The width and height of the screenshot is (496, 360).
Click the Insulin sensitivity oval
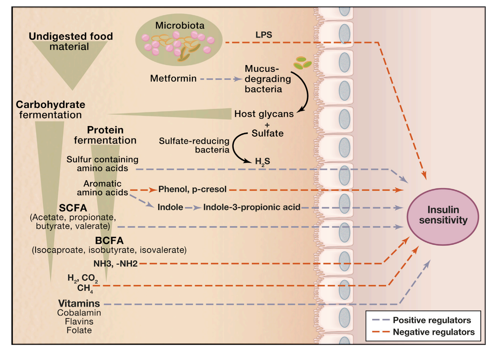(x=443, y=216)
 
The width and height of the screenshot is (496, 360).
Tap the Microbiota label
(x=180, y=25)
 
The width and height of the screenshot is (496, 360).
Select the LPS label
(x=263, y=35)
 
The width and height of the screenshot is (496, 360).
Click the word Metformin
(x=173, y=78)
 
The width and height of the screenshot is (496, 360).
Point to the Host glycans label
(x=264, y=114)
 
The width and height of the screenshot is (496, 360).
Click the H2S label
(x=262, y=161)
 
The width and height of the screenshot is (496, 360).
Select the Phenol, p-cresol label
(x=193, y=189)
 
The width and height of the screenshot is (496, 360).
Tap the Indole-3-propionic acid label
(x=252, y=207)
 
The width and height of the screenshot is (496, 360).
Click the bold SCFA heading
(x=73, y=208)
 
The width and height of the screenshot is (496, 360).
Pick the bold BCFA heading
(x=109, y=240)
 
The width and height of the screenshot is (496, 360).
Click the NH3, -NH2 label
(x=115, y=264)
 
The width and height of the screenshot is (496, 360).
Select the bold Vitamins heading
(x=79, y=303)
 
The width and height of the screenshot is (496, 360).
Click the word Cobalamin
(x=79, y=313)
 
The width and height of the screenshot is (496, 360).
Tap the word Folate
(x=79, y=330)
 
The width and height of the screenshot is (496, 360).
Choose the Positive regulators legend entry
(x=432, y=320)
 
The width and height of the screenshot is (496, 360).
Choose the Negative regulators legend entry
(x=433, y=332)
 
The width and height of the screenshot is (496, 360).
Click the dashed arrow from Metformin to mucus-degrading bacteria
(x=221, y=79)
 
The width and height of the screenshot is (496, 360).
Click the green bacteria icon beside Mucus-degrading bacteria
(x=302, y=63)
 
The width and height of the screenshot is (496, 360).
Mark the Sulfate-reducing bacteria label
(x=194, y=145)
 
